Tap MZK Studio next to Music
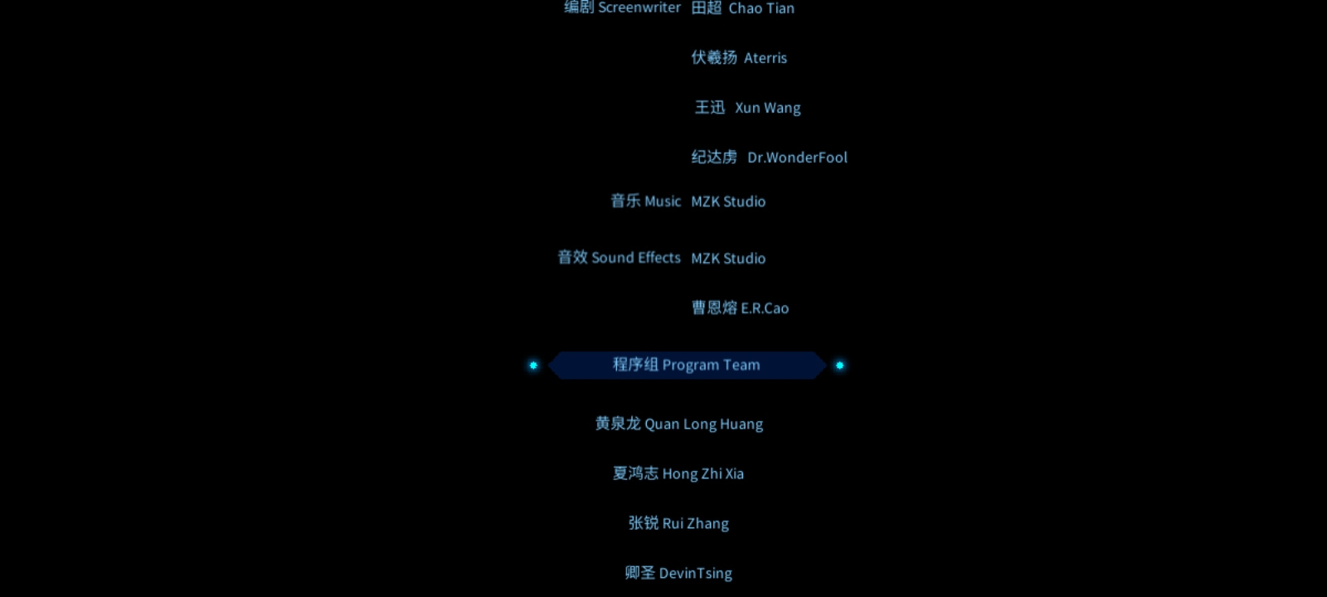(728, 201)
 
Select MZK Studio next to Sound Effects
(728, 258)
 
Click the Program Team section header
(687, 365)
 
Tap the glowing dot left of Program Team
(533, 366)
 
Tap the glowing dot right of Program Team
(839, 366)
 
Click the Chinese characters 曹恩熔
(715, 308)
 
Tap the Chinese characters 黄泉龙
(618, 424)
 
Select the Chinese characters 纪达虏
(714, 157)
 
